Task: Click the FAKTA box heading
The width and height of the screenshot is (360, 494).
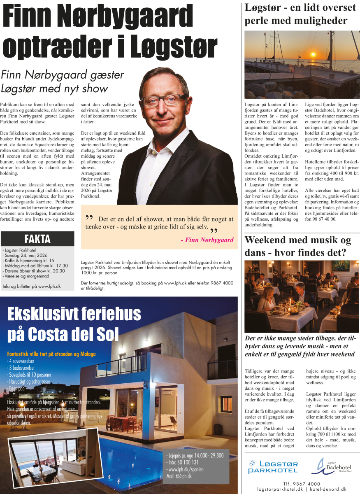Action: (x=37, y=239)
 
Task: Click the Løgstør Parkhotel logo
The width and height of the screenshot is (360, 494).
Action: (x=273, y=467)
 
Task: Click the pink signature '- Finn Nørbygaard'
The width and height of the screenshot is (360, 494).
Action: (x=207, y=240)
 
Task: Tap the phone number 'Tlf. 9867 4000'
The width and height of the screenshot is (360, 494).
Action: (x=302, y=483)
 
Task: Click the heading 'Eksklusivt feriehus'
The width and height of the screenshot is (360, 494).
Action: (x=74, y=315)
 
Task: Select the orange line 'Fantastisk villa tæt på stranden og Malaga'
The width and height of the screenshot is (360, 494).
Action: (x=51, y=354)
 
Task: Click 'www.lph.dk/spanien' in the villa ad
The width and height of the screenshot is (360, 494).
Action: (x=186, y=469)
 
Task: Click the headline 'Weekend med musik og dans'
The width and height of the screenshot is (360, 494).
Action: (x=297, y=246)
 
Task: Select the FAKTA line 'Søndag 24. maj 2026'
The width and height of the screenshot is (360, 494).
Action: (x=25, y=255)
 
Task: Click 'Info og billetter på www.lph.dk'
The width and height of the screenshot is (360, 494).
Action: (x=32, y=286)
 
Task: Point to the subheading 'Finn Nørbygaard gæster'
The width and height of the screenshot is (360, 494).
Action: (x=62, y=75)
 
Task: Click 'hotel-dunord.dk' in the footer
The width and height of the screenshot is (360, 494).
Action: (x=332, y=489)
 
